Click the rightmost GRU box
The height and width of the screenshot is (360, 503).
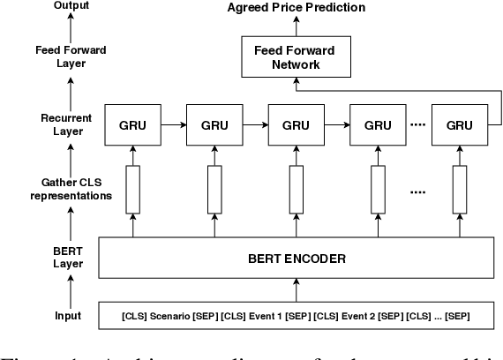460,124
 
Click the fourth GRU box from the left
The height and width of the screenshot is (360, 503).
376,124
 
